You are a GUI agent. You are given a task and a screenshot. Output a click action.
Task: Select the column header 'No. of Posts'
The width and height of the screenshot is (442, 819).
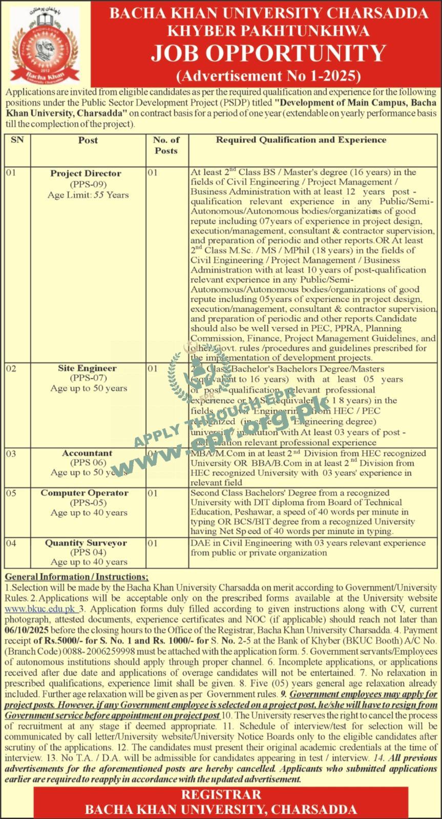166,145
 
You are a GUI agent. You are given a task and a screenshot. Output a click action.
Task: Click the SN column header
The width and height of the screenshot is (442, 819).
17,140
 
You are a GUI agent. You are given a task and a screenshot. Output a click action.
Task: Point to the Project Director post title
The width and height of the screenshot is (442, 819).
86,174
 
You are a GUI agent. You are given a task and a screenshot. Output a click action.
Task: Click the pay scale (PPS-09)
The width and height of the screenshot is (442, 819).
86,184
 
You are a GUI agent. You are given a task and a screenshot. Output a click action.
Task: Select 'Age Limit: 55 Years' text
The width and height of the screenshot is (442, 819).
88,195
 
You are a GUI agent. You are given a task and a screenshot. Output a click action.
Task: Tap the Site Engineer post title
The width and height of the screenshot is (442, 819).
87,368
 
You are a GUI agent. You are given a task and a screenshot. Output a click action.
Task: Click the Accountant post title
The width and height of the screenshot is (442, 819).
87,453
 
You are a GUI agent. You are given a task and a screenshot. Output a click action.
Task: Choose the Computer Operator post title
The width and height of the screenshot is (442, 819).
85,493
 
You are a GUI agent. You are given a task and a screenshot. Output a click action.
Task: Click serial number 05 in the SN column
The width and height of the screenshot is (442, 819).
11,493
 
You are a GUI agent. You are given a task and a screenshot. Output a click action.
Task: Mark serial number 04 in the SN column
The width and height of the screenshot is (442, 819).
11,543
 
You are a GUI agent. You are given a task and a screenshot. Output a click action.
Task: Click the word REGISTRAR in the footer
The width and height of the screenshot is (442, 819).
221,795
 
